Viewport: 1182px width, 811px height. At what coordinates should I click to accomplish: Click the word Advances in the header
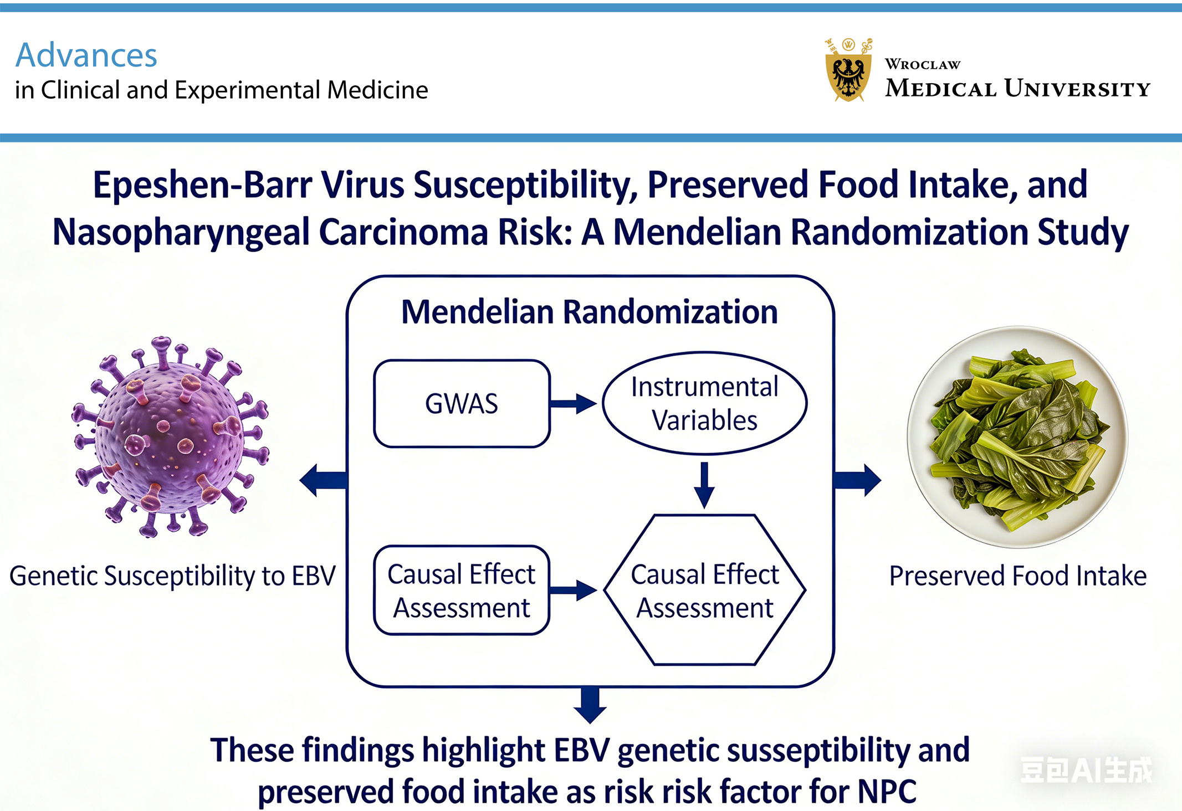point(86,55)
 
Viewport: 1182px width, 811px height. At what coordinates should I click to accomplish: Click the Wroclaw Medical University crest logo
point(848,71)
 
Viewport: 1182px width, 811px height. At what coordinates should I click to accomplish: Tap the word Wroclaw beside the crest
point(922,64)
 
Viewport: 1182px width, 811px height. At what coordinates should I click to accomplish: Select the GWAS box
point(462,403)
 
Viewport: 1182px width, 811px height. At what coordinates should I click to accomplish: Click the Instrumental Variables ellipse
point(704,403)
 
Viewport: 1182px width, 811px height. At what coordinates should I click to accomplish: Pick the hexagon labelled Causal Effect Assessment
point(704,591)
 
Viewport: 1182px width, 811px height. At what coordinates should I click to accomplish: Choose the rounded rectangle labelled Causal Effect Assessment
point(462,591)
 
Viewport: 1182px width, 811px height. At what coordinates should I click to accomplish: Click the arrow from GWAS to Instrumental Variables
point(573,403)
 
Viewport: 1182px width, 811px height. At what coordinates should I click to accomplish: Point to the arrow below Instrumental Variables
point(704,485)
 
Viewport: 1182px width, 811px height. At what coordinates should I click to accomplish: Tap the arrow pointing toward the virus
point(323,480)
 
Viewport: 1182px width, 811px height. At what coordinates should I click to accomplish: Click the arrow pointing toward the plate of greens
point(858,480)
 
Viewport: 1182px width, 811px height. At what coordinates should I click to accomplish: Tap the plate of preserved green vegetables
point(1017,437)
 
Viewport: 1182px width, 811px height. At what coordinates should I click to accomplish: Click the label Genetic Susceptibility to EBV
point(172,576)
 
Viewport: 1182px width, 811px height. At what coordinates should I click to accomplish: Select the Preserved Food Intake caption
point(1017,576)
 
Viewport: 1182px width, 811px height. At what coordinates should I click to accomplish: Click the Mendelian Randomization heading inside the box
point(590,312)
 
